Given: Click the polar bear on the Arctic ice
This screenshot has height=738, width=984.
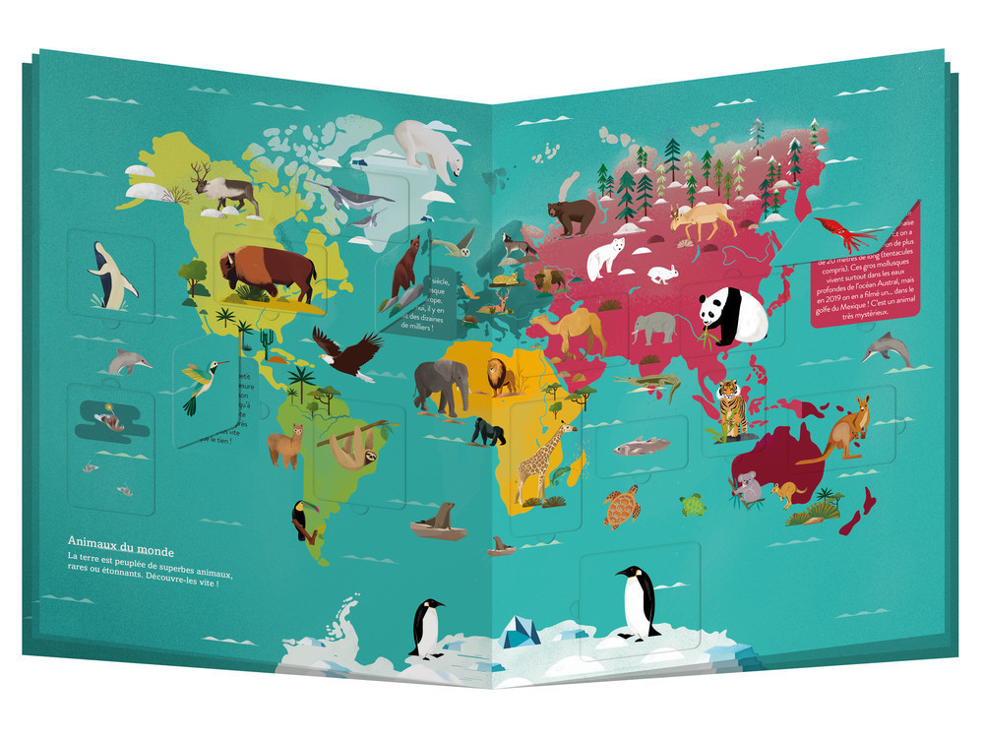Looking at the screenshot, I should (x=431, y=148).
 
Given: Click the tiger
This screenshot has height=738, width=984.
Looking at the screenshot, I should (x=730, y=405).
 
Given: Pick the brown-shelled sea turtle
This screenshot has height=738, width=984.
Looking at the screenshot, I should (x=622, y=506).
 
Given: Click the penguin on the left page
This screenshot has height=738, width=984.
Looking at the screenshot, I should (x=427, y=628).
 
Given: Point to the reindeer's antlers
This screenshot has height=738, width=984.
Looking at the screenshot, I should (x=202, y=171).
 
